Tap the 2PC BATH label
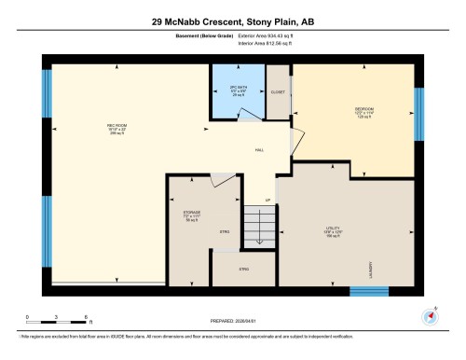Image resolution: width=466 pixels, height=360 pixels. click(237, 91)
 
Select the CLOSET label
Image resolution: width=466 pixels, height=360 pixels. click(279, 93)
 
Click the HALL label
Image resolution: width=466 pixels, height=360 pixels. click(259, 150)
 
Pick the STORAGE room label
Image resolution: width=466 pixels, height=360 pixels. click(192, 213)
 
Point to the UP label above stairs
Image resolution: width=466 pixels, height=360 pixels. click(269, 200)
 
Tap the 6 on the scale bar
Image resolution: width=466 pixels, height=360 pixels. click(86, 319)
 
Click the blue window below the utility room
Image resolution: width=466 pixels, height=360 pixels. click(368, 291)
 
